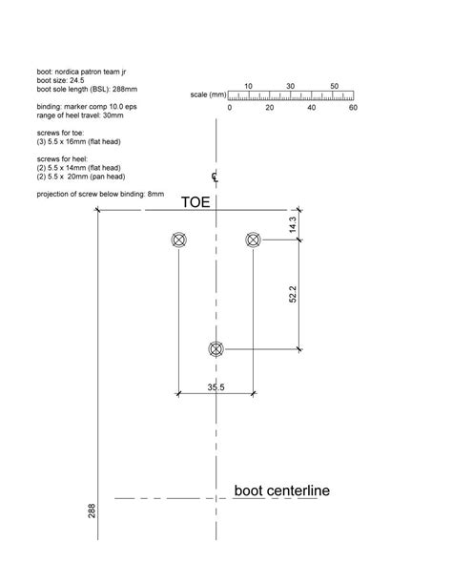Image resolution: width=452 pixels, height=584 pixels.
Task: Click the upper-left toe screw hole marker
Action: point(178,240)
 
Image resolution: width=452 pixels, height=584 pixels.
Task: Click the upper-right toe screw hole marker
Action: point(253,240)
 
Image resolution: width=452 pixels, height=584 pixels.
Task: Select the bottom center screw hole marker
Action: point(216,349)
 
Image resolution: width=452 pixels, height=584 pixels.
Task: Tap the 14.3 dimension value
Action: point(293,225)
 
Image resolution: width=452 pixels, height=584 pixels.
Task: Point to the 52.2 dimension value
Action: point(293,295)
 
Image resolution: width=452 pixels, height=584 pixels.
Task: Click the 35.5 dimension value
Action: point(216,386)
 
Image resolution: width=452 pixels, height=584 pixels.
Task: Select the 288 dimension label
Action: point(92,512)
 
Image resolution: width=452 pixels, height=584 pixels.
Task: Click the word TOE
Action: point(196,203)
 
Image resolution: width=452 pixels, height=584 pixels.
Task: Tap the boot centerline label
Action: point(282,491)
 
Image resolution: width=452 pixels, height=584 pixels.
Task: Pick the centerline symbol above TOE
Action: point(216,177)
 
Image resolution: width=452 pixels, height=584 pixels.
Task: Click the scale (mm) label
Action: point(209,95)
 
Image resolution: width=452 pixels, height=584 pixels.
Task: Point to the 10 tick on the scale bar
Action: point(248,86)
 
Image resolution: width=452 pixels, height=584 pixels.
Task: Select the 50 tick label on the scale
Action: point(335,86)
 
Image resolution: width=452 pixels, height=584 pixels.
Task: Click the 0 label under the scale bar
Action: point(230,108)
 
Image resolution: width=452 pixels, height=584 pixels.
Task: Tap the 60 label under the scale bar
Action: point(353,108)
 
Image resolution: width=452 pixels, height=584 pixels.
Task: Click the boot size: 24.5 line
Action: point(60,80)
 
